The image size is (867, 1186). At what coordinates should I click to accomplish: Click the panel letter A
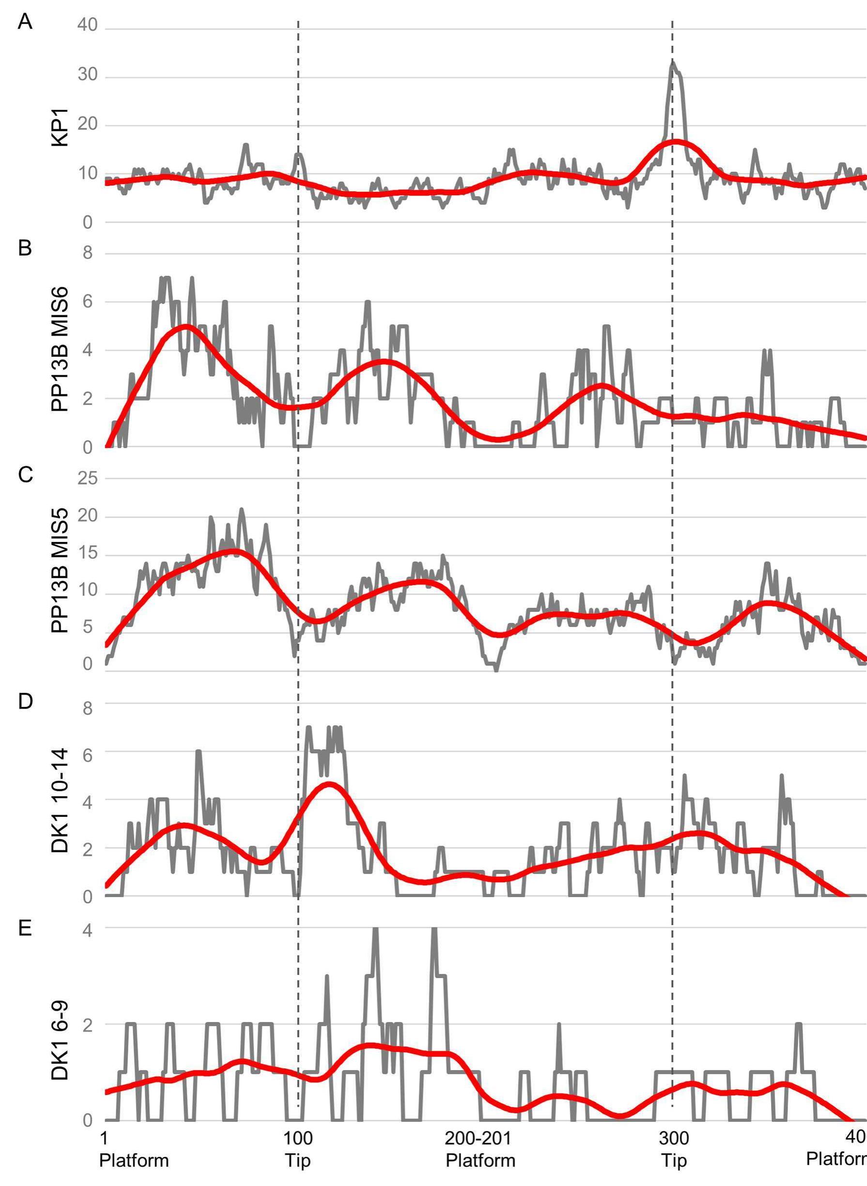pos(25,22)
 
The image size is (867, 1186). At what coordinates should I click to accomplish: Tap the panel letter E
pos(25,928)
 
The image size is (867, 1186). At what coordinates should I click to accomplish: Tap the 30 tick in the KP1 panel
pos(88,75)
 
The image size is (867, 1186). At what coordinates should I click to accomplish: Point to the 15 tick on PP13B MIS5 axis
pos(88,554)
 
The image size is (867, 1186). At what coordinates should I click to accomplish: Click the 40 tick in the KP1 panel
pos(88,25)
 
